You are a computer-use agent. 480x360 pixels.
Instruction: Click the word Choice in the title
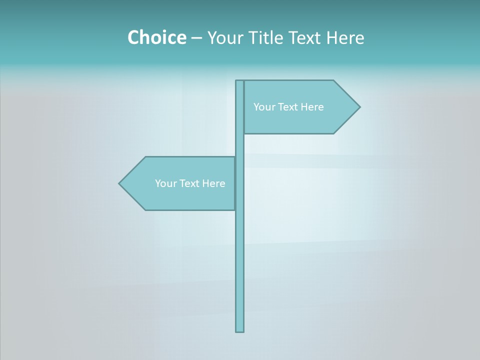(156, 37)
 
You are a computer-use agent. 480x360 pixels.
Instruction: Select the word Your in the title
(224, 37)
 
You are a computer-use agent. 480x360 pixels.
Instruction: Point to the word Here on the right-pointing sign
(312, 107)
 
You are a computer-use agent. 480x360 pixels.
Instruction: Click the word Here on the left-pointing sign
(213, 183)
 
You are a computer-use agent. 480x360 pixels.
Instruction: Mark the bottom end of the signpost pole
(240, 330)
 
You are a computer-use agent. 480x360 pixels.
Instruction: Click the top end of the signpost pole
(240, 81)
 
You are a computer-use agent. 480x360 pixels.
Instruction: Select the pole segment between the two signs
(240, 145)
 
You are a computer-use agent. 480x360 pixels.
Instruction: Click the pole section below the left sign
(240, 270)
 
